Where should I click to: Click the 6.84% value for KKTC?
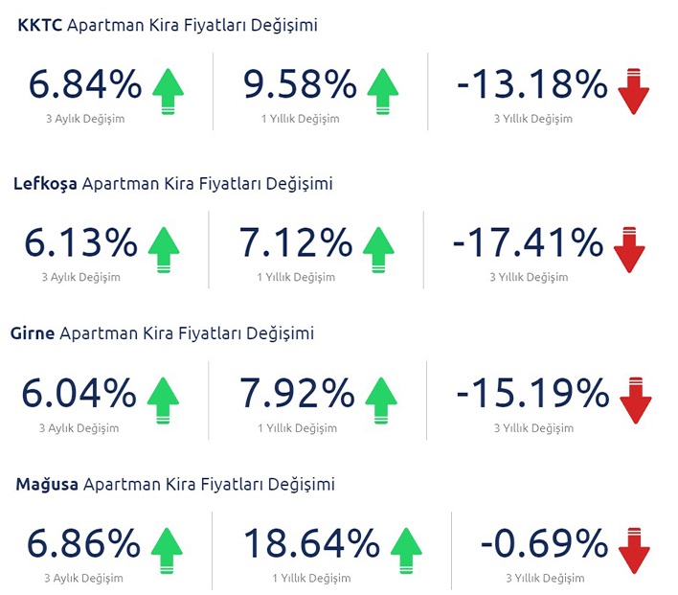[x=84, y=86]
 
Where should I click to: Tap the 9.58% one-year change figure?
[x=300, y=86]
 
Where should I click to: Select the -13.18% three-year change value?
[x=531, y=86]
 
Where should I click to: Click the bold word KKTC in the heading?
[x=40, y=26]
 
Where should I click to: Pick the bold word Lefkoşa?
[x=47, y=183]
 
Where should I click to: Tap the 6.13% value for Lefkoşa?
[x=81, y=244]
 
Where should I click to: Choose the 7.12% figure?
[x=297, y=244]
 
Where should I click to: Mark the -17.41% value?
[x=528, y=244]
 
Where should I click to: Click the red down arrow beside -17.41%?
[x=629, y=250]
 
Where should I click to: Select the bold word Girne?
[x=34, y=333]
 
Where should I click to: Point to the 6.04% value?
[x=81, y=394]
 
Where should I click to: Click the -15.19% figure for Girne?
[x=531, y=394]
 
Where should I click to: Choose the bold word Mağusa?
[x=46, y=485]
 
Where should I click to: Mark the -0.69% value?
[x=544, y=545]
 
